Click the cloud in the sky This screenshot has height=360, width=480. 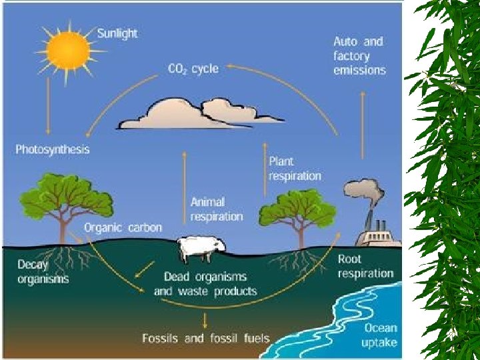pos(199,115)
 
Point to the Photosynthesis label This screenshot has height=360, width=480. pos(53,149)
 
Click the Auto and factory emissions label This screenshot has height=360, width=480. pos(359,55)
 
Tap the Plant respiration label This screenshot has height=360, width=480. pos(295,169)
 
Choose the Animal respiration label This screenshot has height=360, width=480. pos(217,209)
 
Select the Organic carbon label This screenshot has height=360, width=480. pos(123,227)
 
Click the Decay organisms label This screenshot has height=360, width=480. pos(43,272)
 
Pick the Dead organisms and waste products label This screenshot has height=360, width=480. pos(205,284)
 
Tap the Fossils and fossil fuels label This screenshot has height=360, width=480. pos(206,338)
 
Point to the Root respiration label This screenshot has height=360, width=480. pos(365,266)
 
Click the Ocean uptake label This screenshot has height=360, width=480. pos(380,335)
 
